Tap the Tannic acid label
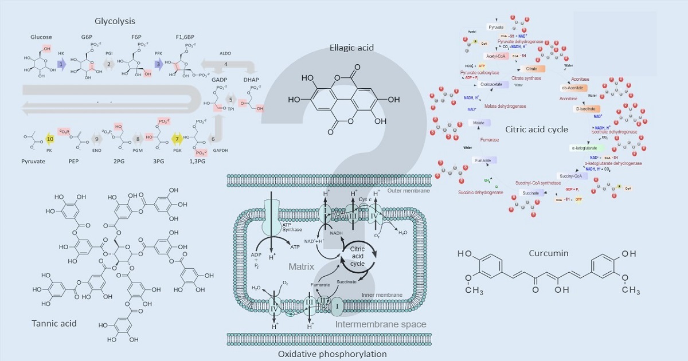(54, 323)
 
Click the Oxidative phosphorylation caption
(333, 354)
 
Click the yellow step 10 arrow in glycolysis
(50, 139)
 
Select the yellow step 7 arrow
(178, 139)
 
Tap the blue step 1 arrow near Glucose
(61, 65)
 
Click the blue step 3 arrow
(159, 65)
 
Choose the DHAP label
(252, 80)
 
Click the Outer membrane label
(408, 191)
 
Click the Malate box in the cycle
(476, 123)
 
